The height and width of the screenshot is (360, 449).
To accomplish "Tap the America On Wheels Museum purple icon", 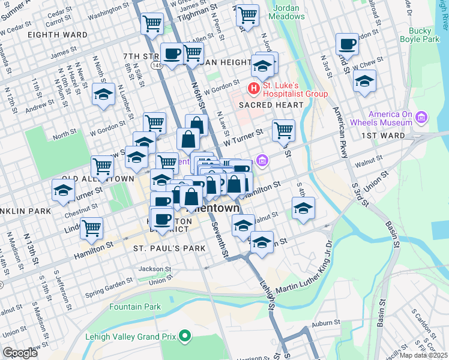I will (x=421, y=118).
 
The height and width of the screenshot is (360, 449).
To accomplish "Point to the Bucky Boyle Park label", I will (x=424, y=35).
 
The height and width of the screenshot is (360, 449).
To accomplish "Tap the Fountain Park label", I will (x=135, y=307).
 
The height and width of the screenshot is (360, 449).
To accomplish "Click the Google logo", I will (x=20, y=353).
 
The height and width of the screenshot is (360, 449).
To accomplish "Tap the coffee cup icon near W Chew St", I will (x=346, y=44).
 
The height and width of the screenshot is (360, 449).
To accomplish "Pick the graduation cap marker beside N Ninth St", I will (x=103, y=94).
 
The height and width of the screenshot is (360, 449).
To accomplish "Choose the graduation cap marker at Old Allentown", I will (x=63, y=190).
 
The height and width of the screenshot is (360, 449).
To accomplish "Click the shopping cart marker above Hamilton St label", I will (x=91, y=227).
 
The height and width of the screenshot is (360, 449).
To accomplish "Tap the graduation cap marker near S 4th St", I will (x=303, y=208).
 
